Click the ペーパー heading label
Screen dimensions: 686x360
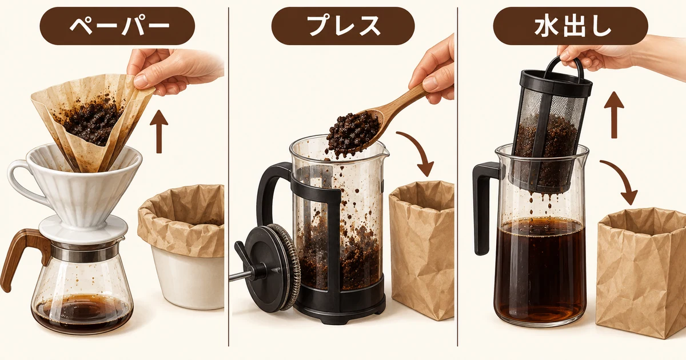tap(117, 26)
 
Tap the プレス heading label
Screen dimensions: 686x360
tap(343, 26)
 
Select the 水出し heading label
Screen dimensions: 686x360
tap(571, 26)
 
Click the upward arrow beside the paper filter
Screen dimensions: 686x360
tap(159, 131)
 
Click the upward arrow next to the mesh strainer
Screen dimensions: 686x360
tap(614, 115)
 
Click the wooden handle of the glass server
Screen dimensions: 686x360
tap(22, 248)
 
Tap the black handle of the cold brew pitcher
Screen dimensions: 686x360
tap(484, 208)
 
